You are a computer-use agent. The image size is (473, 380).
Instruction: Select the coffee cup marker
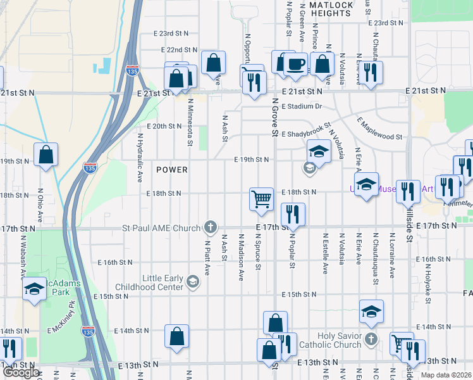(295, 64)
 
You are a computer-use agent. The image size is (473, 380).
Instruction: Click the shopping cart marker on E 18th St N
(261, 199)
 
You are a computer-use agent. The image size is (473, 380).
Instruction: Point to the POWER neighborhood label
(172, 170)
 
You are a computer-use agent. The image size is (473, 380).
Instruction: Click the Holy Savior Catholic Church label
(329, 341)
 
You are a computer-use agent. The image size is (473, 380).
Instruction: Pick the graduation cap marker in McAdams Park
(34, 290)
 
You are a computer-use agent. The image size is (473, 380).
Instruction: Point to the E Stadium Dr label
(302, 106)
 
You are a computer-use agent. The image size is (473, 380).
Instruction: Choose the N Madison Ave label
(241, 256)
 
